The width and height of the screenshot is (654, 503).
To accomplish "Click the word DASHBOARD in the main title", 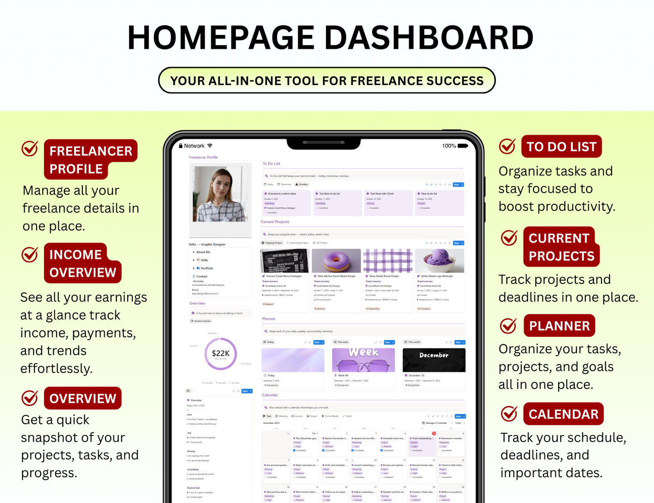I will click(429, 38).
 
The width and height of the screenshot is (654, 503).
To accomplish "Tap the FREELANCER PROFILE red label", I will click(91, 159).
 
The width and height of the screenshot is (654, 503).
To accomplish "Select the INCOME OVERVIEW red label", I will click(82, 263).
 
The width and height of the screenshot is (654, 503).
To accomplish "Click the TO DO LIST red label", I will click(561, 147).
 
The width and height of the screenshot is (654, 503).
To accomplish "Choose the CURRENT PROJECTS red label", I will click(561, 247).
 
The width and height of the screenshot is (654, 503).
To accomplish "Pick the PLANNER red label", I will click(559, 326).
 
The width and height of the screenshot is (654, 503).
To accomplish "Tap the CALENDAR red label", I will click(563, 414).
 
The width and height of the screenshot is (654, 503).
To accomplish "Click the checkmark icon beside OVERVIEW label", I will click(30, 398).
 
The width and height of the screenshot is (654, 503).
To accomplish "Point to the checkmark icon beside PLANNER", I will click(508, 326).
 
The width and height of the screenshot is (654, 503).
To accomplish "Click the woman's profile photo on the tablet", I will click(220, 194).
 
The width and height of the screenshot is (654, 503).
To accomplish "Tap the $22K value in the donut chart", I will click(220, 353).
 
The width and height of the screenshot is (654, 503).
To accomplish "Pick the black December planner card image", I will click(434, 359).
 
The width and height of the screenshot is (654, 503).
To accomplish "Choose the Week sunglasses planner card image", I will click(363, 359).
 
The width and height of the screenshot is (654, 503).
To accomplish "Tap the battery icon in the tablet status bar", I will click(463, 146).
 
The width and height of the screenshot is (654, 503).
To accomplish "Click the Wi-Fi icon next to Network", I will click(210, 146).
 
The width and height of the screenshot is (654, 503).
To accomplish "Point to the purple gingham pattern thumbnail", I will click(388, 260).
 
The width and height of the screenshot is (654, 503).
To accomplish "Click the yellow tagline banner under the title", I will click(327, 81).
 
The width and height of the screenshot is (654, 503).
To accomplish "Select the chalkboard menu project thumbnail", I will click(284, 260).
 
